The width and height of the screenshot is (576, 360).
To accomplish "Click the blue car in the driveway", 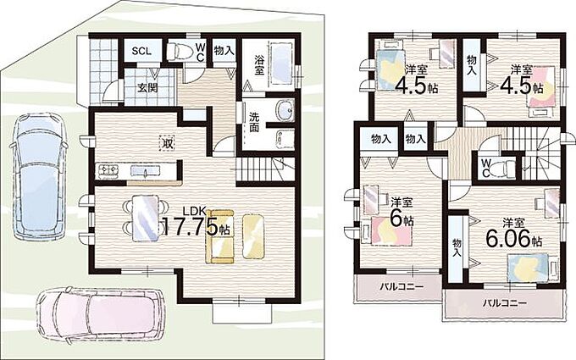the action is coord(38,176).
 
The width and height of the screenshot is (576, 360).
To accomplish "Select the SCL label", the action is coord(141,51).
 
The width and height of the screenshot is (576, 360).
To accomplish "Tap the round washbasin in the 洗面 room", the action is coord(285,110).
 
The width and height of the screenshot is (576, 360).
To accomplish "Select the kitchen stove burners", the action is coord(108,170).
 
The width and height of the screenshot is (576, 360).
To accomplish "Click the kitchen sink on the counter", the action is coord(146,171).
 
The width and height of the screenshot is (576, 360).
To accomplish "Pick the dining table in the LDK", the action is coord(146,219).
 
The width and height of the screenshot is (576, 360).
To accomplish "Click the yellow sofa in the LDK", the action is coord(219,236).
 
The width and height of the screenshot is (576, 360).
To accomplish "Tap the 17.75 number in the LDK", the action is coord(191,227).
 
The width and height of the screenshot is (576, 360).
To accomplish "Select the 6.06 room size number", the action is coord(509,239).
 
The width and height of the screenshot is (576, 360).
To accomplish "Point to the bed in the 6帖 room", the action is coord(390,230).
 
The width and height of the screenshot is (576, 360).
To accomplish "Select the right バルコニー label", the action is coord(504,303).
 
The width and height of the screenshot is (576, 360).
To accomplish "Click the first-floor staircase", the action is coord(265,169).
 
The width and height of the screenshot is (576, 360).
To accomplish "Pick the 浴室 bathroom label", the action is coord(259,65).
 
